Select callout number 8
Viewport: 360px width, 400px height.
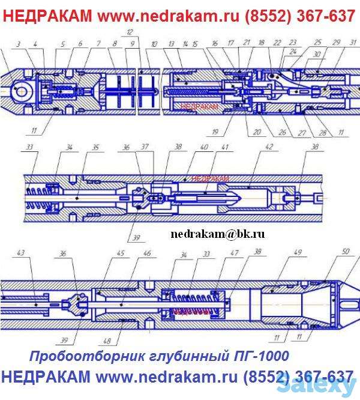pos(113,44)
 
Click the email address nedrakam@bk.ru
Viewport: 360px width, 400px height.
pos(217,234)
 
